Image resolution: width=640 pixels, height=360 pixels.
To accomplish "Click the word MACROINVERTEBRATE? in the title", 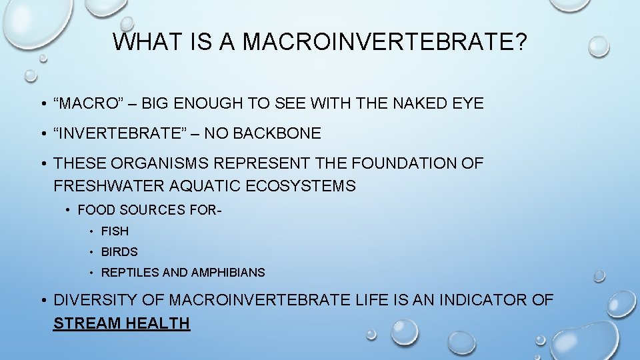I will click(385, 42).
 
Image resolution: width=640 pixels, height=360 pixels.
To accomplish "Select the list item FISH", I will click(115, 231).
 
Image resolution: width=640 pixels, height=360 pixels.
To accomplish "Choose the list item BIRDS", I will click(119, 252).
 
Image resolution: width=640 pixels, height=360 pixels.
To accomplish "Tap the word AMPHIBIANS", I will click(228, 273).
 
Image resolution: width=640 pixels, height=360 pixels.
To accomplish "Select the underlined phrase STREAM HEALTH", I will click(121, 324).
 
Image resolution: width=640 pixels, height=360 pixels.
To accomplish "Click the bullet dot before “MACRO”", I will click(42, 104).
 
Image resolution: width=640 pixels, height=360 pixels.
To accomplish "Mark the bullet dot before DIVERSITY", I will click(42, 301).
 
